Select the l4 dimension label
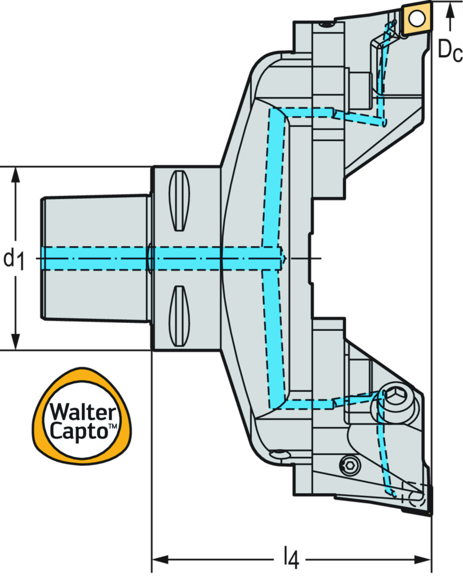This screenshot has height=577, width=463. (291, 558)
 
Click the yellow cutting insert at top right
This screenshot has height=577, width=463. (416, 19)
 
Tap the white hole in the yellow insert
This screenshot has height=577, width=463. (416, 19)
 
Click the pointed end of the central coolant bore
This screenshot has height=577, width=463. (286, 259)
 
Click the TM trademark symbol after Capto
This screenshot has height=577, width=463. (113, 428)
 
